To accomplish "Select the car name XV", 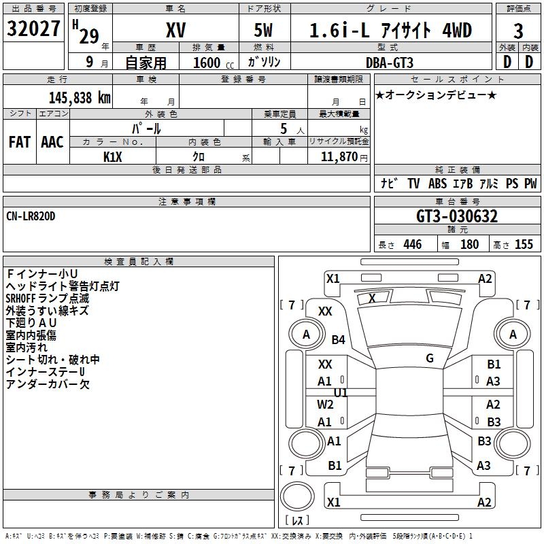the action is click(x=175, y=31).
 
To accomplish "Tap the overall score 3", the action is click(x=518, y=31).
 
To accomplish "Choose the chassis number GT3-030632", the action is click(x=457, y=217).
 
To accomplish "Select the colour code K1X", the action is click(x=114, y=156).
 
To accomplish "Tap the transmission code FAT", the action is click(x=19, y=141).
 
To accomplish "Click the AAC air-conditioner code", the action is click(x=52, y=141).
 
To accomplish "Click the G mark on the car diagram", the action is click(x=430, y=358).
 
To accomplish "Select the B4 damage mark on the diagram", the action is click(x=338, y=340).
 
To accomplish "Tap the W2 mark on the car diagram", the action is click(x=325, y=404).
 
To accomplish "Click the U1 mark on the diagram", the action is click(x=341, y=393).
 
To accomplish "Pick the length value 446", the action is click(x=412, y=245).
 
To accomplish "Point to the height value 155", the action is click(x=524, y=245).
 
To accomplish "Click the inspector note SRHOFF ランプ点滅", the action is click(x=47, y=299).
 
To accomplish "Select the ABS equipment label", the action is click(x=439, y=184).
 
